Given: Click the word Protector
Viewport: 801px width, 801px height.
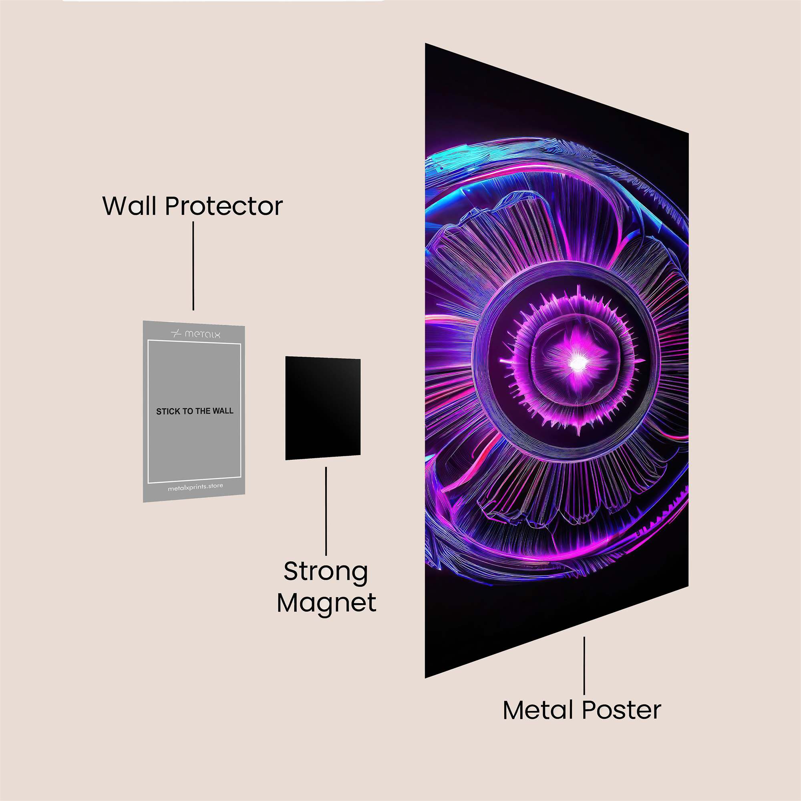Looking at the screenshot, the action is [x=224, y=206].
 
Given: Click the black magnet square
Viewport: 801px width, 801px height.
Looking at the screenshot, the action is [x=322, y=408].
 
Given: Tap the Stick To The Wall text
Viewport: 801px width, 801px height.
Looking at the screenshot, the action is [x=195, y=411].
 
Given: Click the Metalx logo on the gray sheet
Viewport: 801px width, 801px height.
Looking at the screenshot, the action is [x=196, y=334].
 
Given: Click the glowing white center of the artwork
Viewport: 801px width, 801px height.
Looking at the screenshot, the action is [x=577, y=363].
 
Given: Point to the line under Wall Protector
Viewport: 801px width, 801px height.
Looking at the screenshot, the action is [x=193, y=266].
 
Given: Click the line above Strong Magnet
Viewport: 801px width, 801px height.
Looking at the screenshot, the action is [x=326, y=511].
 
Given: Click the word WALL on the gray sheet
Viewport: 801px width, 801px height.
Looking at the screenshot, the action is [x=223, y=411].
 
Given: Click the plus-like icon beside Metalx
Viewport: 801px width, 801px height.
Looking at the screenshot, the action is [x=176, y=334].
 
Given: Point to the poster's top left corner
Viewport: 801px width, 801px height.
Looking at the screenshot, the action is [x=425, y=43].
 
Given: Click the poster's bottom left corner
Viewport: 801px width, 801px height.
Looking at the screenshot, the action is [x=425, y=678].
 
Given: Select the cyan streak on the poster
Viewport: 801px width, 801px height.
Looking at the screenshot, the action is [x=448, y=160].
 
